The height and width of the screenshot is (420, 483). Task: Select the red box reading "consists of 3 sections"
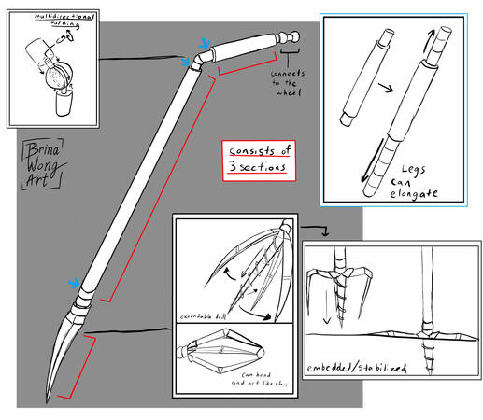pos(256,160)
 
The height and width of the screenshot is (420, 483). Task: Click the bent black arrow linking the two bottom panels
pos(315,229)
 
